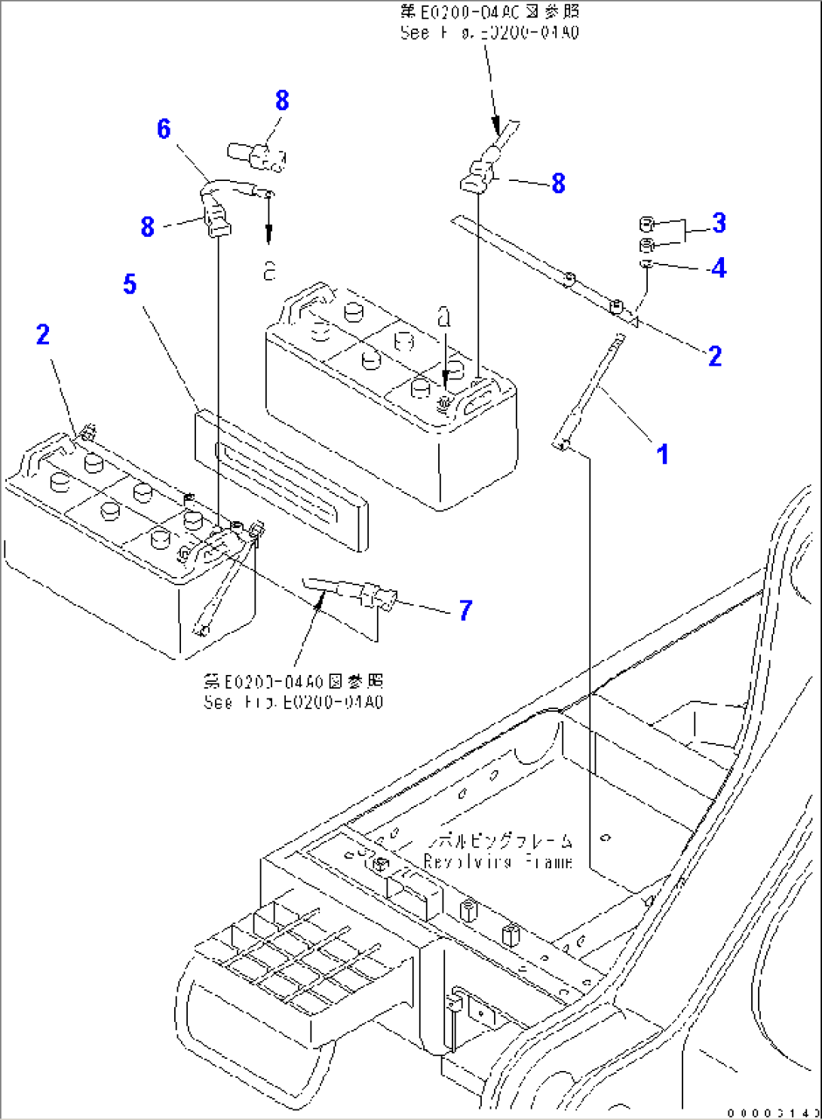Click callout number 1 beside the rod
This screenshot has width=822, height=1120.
click(662, 455)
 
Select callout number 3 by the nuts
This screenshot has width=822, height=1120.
click(719, 222)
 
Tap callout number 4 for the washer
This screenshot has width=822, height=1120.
click(719, 268)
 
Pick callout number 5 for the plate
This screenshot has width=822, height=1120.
click(130, 284)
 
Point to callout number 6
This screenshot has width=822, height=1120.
click(164, 129)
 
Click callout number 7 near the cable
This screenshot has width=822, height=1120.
click(465, 609)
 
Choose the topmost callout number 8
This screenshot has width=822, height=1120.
click(282, 100)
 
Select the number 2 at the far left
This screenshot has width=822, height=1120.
click(43, 335)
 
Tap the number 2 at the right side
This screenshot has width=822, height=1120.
click(714, 356)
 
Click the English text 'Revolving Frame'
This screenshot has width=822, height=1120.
click(498, 861)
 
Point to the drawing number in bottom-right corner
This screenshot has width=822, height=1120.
click(773, 1112)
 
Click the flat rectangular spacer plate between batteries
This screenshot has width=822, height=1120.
click(281, 479)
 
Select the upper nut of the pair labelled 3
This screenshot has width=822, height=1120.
click(646, 224)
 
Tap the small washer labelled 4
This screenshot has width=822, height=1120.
click(646, 263)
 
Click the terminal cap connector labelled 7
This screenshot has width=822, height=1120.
click(376, 594)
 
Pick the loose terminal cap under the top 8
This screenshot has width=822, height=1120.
click(257, 156)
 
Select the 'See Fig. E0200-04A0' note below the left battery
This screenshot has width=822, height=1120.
click(293, 702)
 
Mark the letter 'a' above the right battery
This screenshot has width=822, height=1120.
click(444, 318)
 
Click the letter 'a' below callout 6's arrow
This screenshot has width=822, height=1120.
click(269, 271)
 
